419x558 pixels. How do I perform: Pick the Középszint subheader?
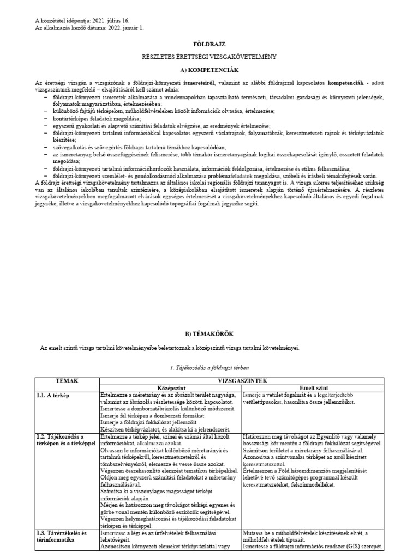tap(170, 387)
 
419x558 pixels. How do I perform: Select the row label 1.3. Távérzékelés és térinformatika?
tap(61, 536)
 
